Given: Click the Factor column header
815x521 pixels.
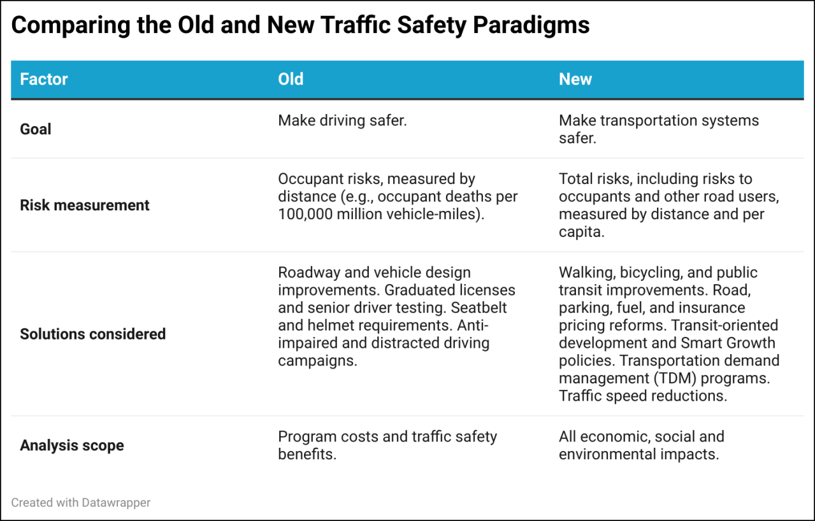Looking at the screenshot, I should point(44,80).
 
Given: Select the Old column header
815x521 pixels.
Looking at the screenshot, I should point(291,80).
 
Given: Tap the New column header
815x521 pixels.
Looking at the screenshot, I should point(575,80).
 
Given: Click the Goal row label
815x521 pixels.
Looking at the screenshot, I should point(36,129).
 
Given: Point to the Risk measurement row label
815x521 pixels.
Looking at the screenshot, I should point(85,205).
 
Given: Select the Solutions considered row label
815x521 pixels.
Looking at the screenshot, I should point(93,334).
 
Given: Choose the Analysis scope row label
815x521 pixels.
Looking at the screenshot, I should point(72,445).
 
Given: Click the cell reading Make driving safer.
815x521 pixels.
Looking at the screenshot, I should point(342,120).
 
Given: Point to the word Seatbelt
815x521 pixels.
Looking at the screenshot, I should point(488,308).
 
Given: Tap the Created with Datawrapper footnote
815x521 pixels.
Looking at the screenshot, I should point(81,503).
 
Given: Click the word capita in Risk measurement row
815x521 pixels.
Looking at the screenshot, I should point(580,232).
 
